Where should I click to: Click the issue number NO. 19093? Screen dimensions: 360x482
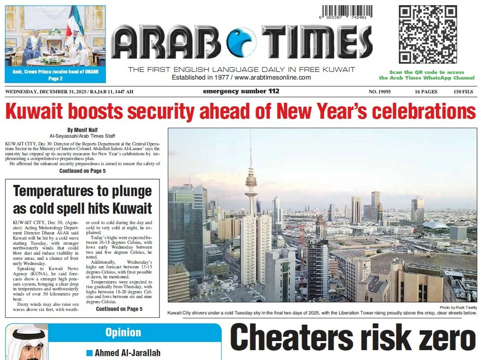380,92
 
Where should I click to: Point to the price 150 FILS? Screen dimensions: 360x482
464,92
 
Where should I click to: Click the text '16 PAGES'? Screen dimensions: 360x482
426,92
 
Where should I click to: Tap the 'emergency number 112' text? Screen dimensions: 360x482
241,92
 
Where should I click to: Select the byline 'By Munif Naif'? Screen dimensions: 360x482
82,130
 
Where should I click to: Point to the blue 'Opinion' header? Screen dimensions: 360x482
123,333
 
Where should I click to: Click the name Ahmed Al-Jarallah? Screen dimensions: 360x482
127,353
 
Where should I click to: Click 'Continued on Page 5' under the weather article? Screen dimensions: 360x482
119,309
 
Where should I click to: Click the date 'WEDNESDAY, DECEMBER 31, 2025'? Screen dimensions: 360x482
40,92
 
